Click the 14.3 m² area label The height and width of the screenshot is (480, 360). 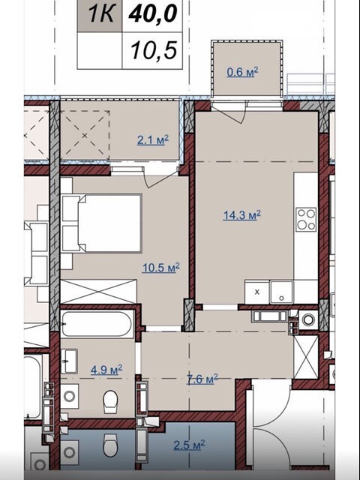pos(241,215)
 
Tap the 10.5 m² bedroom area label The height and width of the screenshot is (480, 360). pos(160,268)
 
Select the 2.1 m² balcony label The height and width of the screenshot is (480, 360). pos(153,140)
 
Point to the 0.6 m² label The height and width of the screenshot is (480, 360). pos(242,72)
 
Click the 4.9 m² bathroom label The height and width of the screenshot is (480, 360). pos(106,370)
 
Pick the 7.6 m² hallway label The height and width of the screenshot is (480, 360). pos(202,379)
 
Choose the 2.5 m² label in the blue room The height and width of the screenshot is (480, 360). pos(189,445)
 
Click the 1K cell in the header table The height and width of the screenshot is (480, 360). pos(100,15)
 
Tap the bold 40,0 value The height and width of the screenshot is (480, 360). pos(153,13)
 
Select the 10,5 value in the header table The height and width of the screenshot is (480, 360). pos(154,50)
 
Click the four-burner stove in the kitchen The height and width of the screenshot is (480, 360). pos(306,219)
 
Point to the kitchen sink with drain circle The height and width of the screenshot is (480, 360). pos(281,292)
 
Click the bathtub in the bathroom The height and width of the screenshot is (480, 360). pos(97,324)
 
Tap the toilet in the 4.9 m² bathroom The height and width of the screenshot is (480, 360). pos(110,400)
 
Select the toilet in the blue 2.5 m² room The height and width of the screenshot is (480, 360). pos(110,445)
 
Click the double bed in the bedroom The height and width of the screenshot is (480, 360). pos(102,223)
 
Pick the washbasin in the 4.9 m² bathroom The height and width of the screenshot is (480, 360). pos(69,361)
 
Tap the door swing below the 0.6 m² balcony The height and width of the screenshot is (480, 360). pos(230,113)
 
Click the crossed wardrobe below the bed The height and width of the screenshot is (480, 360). pos(98,292)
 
